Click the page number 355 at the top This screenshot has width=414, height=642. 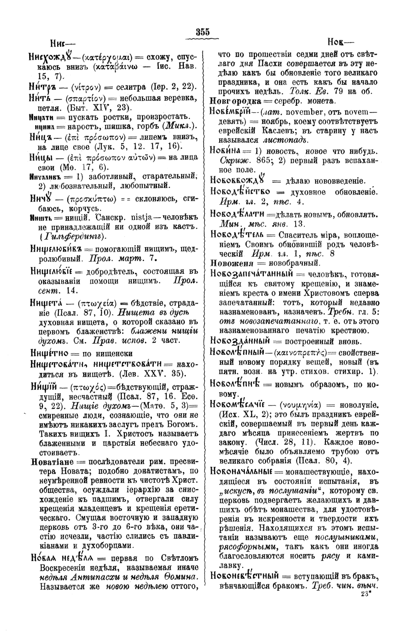[203, 32]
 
